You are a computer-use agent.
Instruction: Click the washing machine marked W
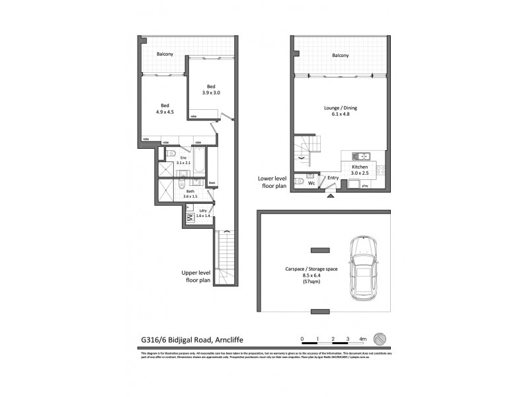tap(190, 217)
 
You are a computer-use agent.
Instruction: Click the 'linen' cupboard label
tap(212, 183)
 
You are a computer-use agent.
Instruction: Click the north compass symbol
tap(379, 338)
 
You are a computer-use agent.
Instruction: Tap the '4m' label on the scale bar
tap(362, 338)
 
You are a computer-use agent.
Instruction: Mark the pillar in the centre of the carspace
tap(320, 249)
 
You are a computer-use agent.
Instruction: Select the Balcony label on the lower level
tap(340, 56)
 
